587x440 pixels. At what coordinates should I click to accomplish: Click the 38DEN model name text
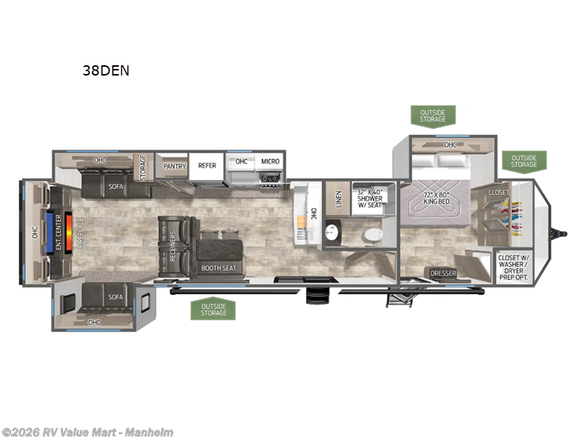106,72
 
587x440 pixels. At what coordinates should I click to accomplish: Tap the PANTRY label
174,166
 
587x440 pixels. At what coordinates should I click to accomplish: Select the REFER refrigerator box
207,166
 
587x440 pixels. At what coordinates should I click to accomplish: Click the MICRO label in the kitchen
269,161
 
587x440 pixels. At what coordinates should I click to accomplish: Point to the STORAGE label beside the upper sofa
144,166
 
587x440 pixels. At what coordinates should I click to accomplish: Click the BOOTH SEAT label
218,268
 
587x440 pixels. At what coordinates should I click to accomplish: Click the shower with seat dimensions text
371,197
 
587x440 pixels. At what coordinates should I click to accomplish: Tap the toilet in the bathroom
373,235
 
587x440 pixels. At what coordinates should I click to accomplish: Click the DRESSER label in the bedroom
443,274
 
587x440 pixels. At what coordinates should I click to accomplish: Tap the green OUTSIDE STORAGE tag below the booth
213,309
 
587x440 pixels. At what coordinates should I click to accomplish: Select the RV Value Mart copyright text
88,432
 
